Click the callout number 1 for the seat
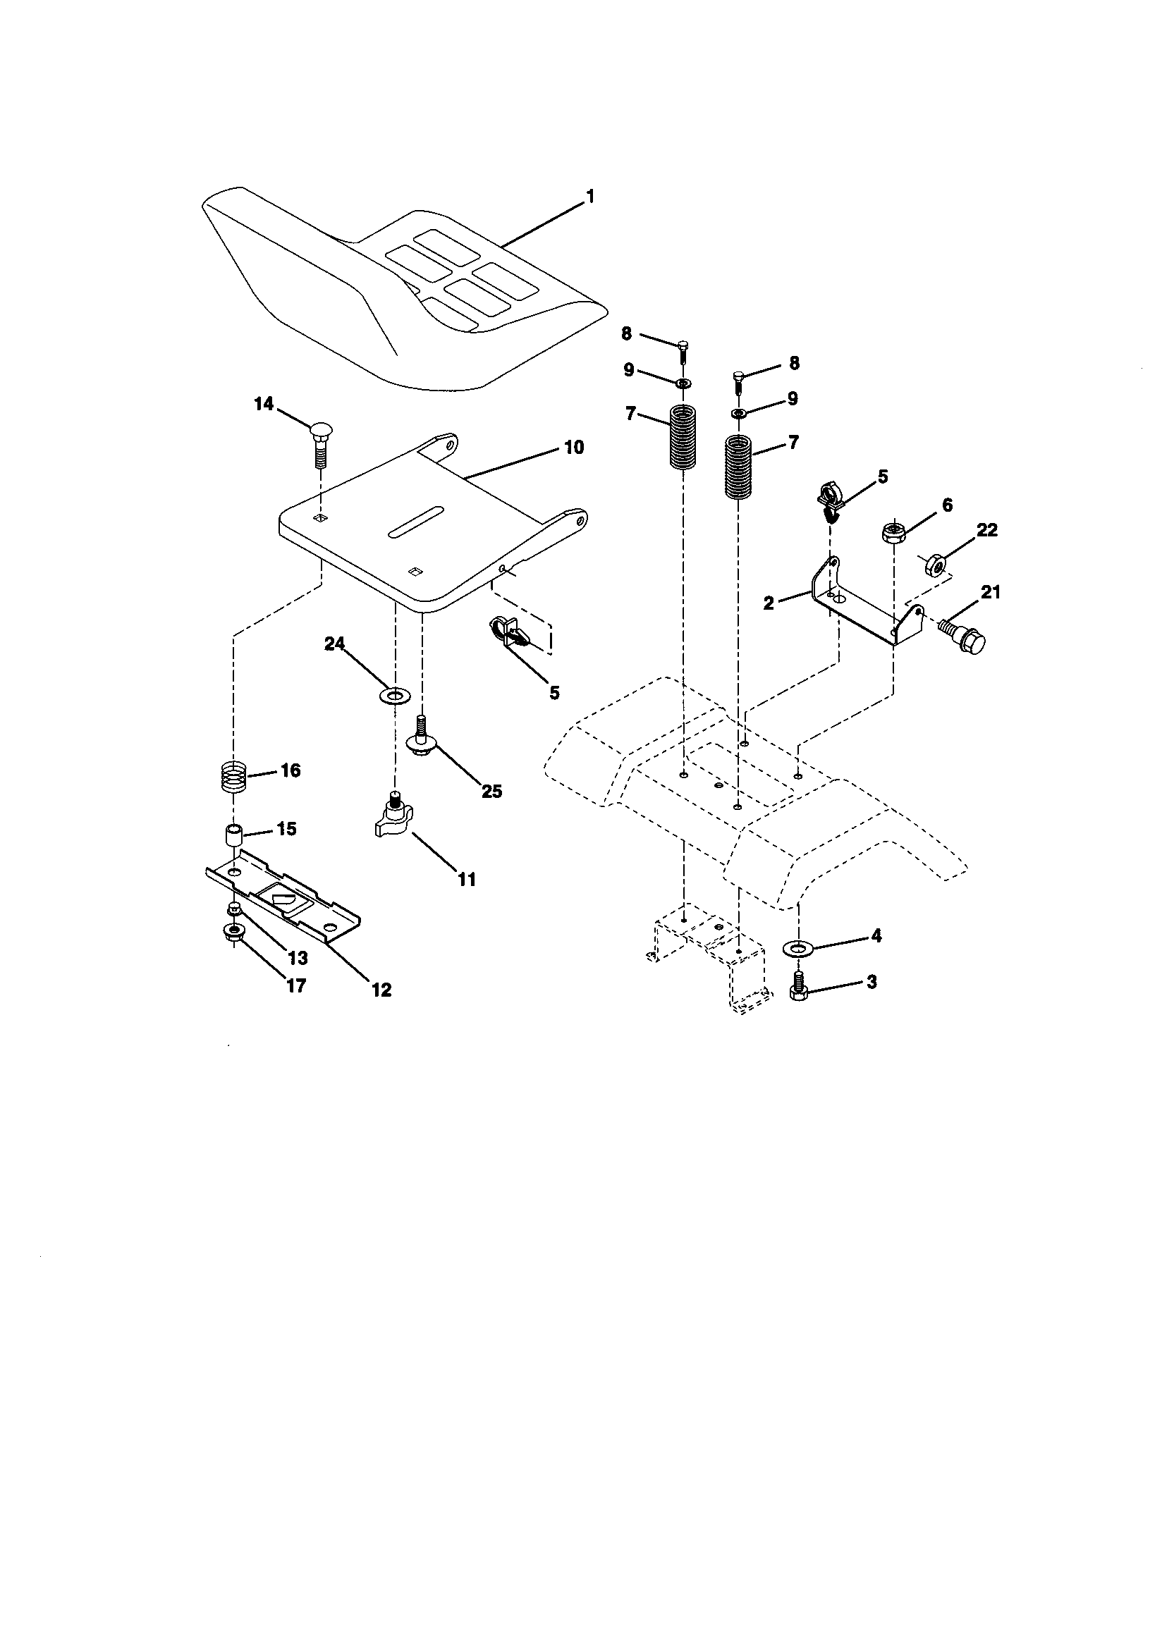[x=590, y=195]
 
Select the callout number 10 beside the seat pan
[x=573, y=447]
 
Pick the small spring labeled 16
[x=233, y=777]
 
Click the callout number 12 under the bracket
[x=381, y=990]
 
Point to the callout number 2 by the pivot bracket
[x=769, y=603]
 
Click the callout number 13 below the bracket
[x=298, y=957]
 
